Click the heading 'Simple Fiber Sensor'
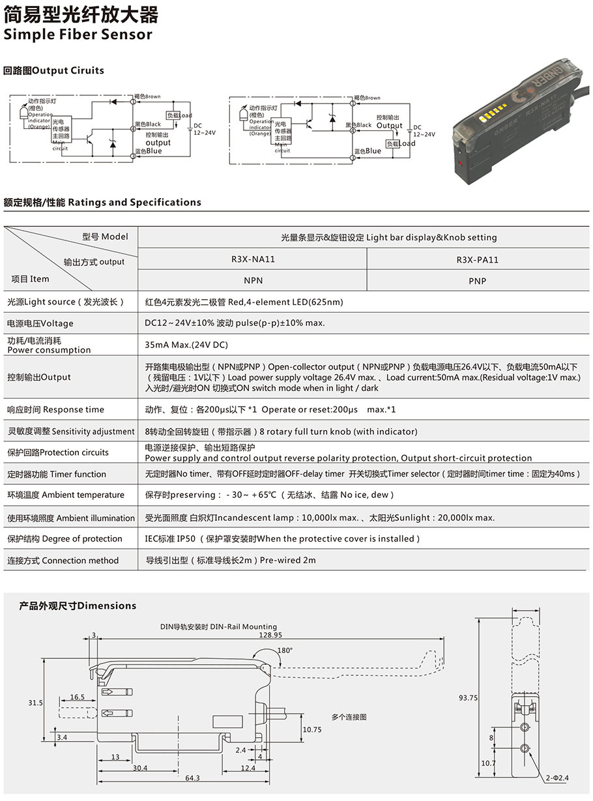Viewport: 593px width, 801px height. (x=78, y=35)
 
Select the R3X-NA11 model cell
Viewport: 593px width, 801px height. (x=253, y=259)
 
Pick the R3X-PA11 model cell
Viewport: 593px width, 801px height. (x=477, y=259)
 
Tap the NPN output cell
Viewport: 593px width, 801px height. (x=253, y=281)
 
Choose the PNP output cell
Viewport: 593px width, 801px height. (x=477, y=281)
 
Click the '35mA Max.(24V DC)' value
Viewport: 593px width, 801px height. (x=186, y=345)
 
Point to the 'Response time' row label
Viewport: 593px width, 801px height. (x=55, y=410)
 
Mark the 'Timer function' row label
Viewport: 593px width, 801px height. (x=56, y=474)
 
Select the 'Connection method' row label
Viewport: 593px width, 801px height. (x=63, y=561)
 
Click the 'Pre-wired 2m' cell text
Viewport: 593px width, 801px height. (x=230, y=560)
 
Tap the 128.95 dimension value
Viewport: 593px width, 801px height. (x=270, y=635)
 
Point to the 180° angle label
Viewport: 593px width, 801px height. (x=285, y=650)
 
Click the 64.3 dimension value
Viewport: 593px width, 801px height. (x=192, y=778)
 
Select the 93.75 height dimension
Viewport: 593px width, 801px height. (x=468, y=697)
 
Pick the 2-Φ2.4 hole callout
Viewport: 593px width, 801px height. (x=558, y=778)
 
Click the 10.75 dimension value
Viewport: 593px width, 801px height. (x=312, y=730)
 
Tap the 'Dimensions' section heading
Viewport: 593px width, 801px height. (x=78, y=606)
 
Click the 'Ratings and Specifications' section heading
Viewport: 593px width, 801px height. (x=102, y=203)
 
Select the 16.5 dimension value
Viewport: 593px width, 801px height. (x=78, y=697)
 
